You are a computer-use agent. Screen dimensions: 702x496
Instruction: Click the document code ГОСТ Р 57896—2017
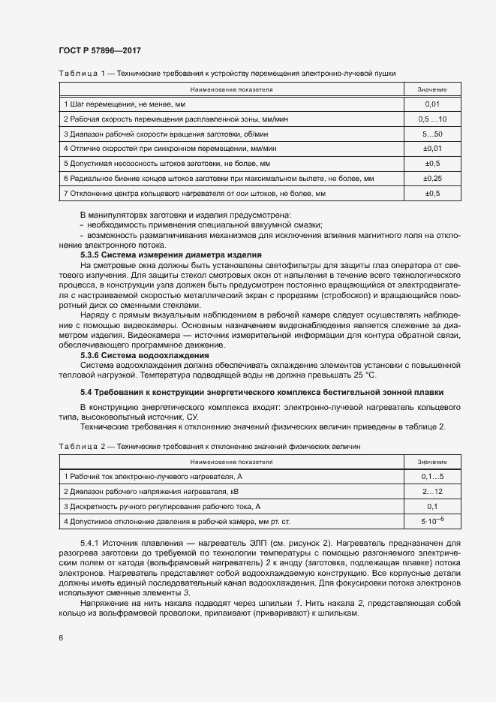(x=99, y=50)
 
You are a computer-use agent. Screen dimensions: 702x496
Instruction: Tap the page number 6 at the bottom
(x=60, y=638)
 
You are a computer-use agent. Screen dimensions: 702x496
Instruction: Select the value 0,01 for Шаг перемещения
(x=432, y=104)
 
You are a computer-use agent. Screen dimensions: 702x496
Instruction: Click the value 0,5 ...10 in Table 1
(x=432, y=119)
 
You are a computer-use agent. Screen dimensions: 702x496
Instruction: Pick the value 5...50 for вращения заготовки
(x=432, y=134)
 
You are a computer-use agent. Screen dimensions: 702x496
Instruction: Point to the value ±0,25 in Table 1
(x=432, y=179)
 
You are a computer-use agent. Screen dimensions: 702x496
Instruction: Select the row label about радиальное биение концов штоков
(x=218, y=179)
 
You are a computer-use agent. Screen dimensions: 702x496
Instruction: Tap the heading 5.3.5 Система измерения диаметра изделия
(x=170, y=255)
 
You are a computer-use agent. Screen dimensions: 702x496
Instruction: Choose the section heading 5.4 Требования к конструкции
(x=261, y=392)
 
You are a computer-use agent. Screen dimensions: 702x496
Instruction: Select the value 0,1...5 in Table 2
(x=432, y=477)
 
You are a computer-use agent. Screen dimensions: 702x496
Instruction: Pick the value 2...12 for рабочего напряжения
(x=432, y=491)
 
